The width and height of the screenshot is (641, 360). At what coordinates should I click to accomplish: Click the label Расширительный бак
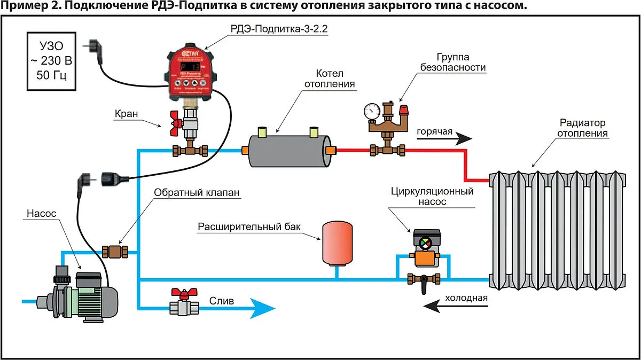coord(249,226)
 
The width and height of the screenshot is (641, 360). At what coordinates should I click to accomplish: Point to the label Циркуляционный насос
coord(425,197)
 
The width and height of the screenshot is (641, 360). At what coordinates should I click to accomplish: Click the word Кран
coord(126,114)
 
